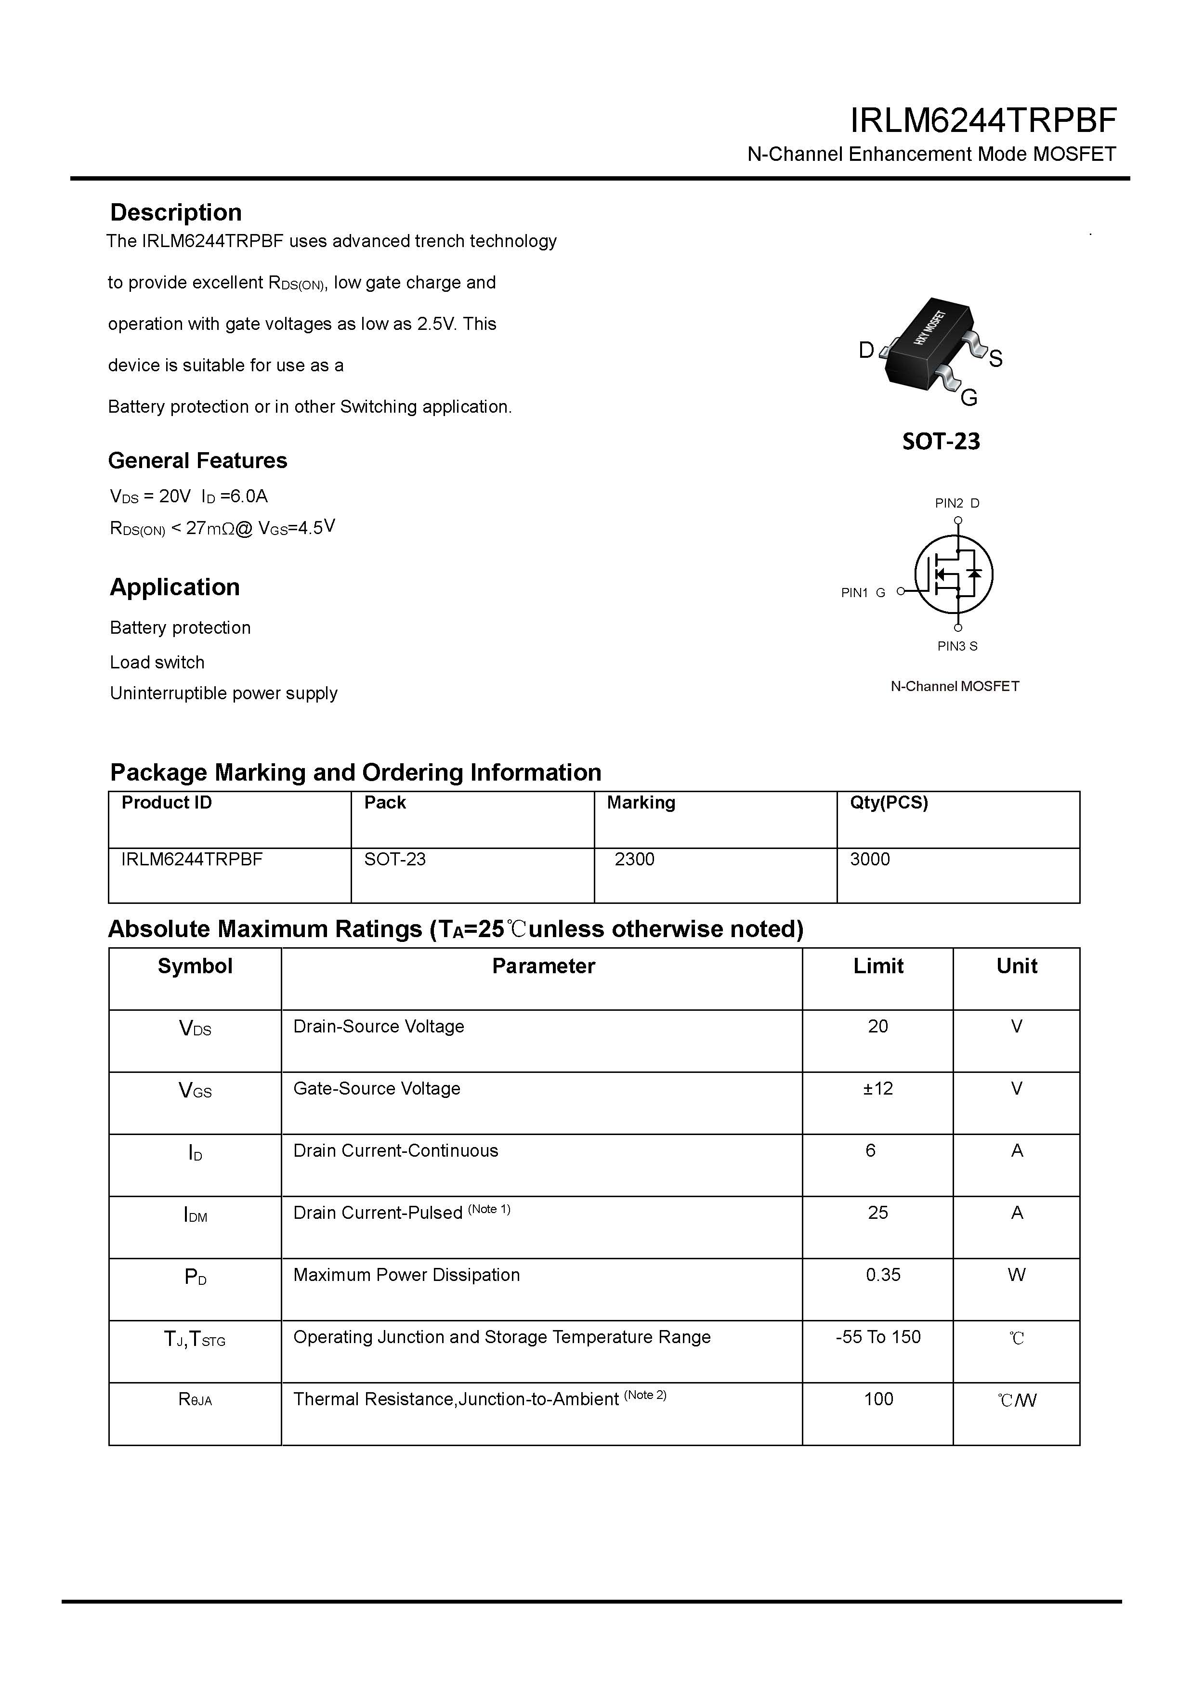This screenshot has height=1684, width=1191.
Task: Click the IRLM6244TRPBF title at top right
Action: point(983,121)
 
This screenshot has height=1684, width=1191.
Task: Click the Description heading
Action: point(176,213)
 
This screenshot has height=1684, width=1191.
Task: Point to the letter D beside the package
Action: point(866,351)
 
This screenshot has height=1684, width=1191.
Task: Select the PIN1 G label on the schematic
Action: point(863,593)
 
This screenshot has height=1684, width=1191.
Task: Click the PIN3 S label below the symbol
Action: point(957,646)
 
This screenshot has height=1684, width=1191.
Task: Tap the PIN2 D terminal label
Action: point(956,503)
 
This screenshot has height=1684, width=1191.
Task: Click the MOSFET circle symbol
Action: point(954,574)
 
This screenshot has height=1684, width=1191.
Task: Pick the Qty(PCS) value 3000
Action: point(870,859)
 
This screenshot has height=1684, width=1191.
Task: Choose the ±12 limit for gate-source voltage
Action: point(878,1088)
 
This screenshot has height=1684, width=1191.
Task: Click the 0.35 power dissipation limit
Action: point(883,1275)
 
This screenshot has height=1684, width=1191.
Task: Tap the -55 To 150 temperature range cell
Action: point(878,1337)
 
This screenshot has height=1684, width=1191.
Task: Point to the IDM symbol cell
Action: point(195,1214)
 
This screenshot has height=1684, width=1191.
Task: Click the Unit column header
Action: point(1017,966)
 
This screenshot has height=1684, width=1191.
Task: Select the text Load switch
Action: point(157,662)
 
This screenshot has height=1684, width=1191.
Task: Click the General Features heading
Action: point(197,460)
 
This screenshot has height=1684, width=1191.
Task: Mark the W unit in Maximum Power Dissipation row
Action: point(1017,1275)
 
